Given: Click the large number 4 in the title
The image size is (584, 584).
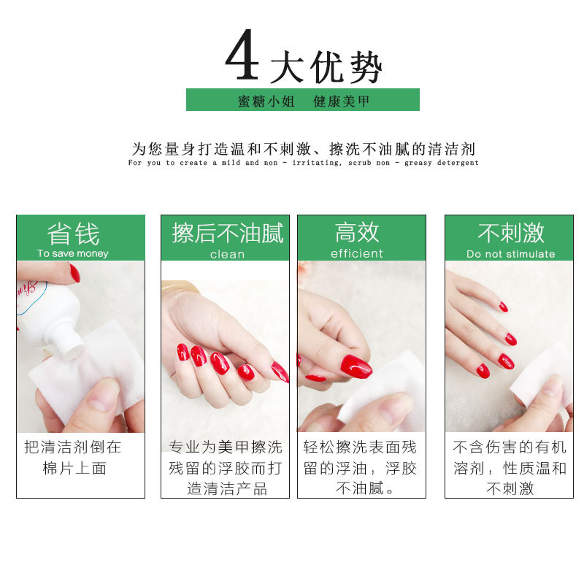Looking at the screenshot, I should pos(242,57).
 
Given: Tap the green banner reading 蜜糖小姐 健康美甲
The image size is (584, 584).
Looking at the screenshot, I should pos(303,101).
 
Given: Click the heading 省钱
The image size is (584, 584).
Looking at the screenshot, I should pos(73,234).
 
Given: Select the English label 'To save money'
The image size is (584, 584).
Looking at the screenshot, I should pos(73,253).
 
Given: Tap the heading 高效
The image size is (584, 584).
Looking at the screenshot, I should pos(357,233).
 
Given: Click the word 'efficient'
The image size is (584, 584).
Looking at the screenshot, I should pos(357,253).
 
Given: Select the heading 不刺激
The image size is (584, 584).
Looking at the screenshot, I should pos(511,234).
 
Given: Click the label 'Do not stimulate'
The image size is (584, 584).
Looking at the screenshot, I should pos(511,254).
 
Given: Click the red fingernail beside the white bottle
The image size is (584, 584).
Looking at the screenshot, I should pos(74,273).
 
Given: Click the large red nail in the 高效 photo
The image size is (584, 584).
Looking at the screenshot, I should pos(356,365).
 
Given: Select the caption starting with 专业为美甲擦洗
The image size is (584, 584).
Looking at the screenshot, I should pos(225,468).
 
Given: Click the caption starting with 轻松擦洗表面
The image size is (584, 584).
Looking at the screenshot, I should pos(361,468).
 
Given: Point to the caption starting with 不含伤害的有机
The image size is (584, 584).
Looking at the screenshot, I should pos(510,468).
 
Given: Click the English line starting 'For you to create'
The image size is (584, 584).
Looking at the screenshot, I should pos(303,163).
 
